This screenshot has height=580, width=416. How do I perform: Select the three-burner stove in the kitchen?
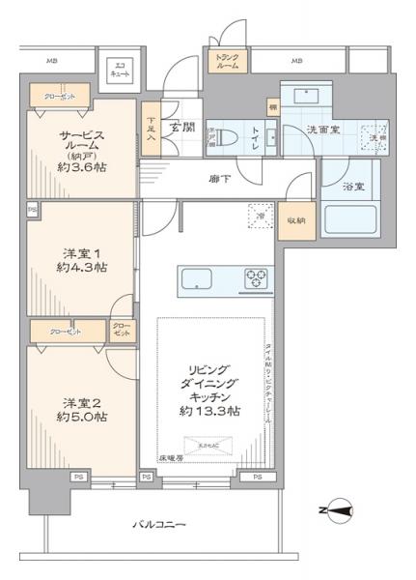(x=258, y=280)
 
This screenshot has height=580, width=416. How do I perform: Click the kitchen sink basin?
(x=197, y=281)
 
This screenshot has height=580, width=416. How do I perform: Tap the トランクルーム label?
(x=228, y=61)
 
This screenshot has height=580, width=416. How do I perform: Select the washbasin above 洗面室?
(x=307, y=97)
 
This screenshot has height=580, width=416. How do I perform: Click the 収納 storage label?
(x=295, y=221)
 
